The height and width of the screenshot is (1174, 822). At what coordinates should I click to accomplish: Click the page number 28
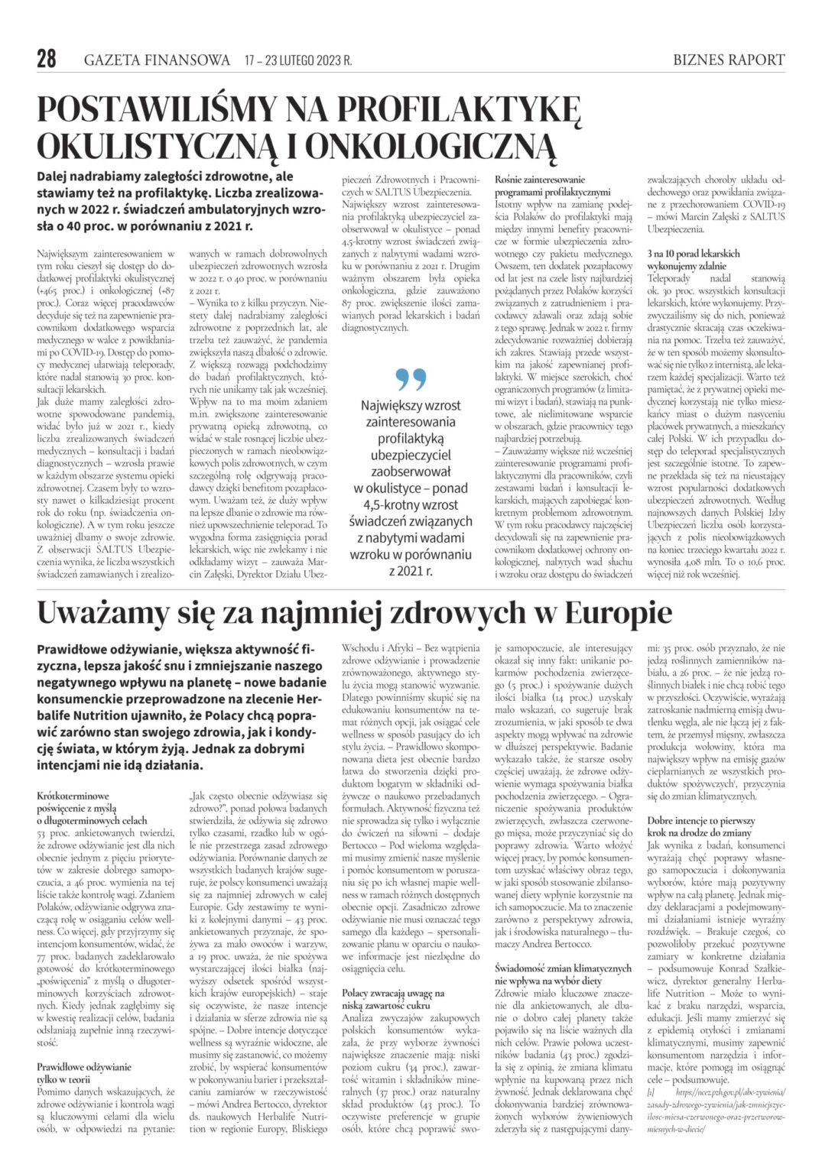coord(47,59)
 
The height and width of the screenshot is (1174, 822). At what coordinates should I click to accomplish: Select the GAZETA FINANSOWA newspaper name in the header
coord(157,60)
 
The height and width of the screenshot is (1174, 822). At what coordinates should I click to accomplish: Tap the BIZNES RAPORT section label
coord(729,60)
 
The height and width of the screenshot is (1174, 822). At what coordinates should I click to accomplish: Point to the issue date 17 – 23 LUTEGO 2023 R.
coord(298,60)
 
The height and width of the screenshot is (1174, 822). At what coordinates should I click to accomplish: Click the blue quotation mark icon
coord(411,379)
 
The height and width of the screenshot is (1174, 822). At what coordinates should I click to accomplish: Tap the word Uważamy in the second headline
coord(99,613)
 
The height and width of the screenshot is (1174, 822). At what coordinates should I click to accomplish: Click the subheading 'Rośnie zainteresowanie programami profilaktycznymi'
coord(552,186)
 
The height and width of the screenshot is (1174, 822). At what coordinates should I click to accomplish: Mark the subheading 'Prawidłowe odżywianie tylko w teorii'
coord(84,1072)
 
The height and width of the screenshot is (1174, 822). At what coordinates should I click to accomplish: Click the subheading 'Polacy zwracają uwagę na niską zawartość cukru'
coord(392,999)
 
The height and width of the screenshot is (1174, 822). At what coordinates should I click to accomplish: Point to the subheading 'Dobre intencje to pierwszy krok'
coord(700,826)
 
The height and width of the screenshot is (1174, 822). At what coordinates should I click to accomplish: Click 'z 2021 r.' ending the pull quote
coord(410,571)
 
